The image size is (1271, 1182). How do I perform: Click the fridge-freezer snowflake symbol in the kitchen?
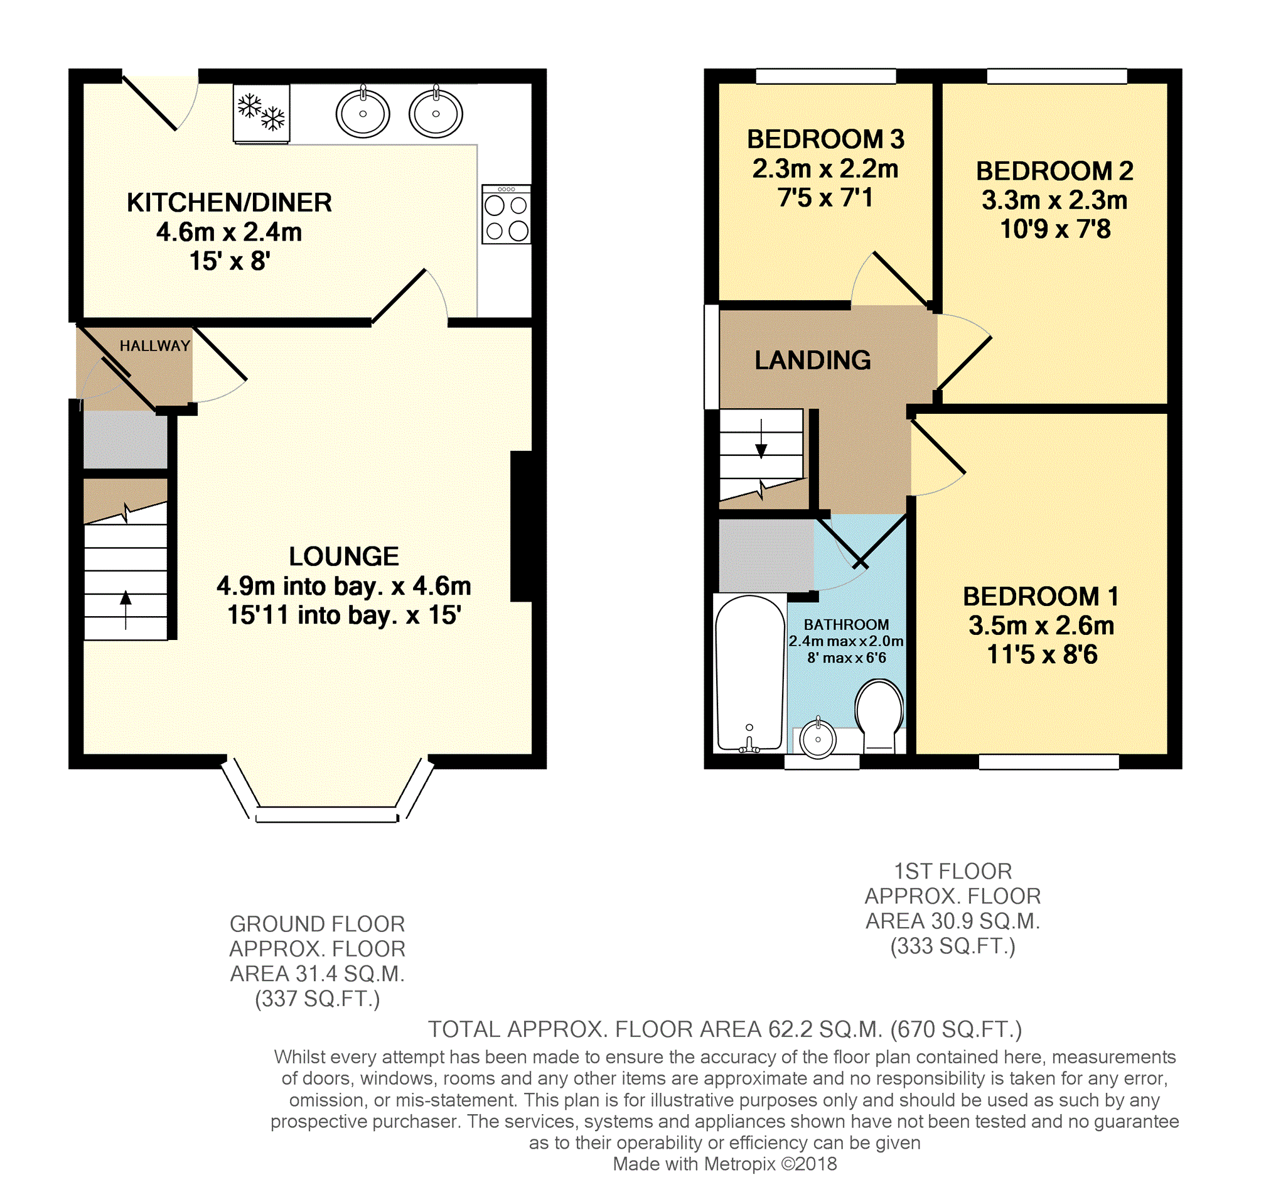coord(262,113)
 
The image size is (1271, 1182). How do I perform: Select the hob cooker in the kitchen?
coord(507,214)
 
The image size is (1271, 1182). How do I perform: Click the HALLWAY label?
coord(155,346)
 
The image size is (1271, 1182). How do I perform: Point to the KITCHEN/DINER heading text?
coord(230,203)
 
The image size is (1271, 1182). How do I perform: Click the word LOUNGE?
coord(344,556)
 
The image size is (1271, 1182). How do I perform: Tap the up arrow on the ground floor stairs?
coord(126,610)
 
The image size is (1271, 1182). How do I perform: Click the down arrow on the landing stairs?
coord(761,440)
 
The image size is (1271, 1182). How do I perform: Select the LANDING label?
coord(813,360)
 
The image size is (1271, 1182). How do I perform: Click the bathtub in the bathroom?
coord(750,673)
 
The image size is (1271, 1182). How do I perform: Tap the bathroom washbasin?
coord(818,739)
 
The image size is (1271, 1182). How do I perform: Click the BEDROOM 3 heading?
coord(826,139)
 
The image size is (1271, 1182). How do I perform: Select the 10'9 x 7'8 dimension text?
coord(1056,229)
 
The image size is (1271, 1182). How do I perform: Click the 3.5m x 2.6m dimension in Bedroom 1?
coord(1041,626)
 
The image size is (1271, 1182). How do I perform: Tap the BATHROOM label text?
coord(847,624)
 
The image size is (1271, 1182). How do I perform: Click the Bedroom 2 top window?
coord(1057,76)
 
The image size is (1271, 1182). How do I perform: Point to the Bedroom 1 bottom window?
coord(1049,762)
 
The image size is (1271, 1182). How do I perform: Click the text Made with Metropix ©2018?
coord(725,1164)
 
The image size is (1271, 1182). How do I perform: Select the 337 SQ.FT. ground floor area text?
coord(318,999)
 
